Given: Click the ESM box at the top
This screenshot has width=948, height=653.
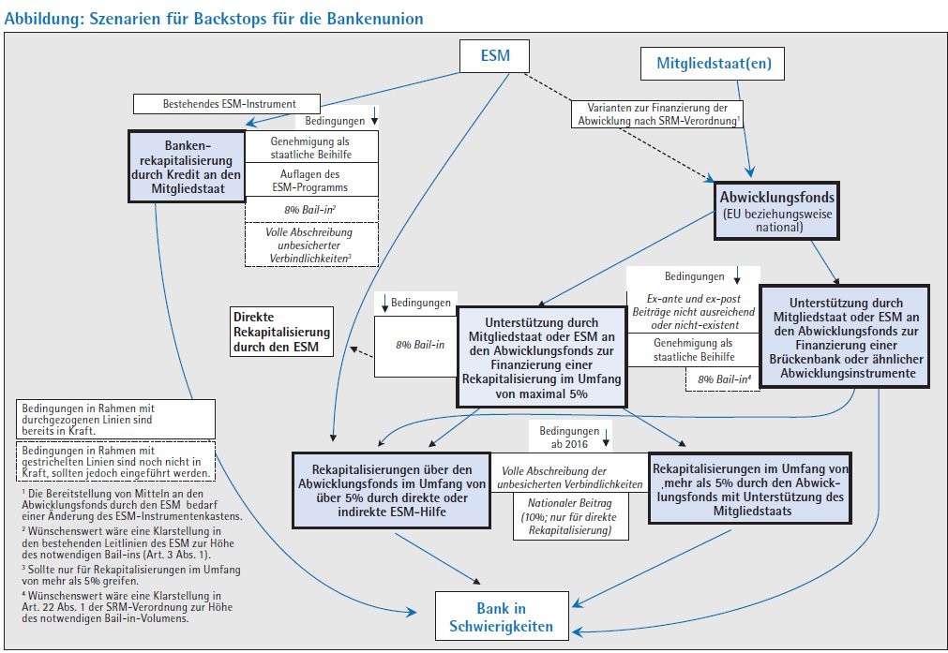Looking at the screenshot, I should point(494,56).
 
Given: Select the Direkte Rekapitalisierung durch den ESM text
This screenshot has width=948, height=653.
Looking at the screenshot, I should point(281,332).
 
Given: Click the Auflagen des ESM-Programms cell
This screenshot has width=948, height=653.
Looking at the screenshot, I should point(309,180).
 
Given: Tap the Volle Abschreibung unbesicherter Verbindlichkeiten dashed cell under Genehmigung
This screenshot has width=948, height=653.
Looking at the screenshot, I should point(309,244).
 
